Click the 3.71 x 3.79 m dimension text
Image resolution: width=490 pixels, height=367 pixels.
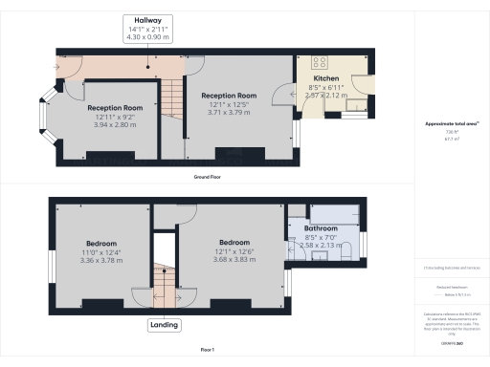pyautogui.click(x=228, y=112)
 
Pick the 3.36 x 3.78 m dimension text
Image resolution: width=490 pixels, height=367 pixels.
pyautogui.click(x=102, y=261)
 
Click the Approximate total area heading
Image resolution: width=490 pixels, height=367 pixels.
pyautogui.click(x=450, y=125)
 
